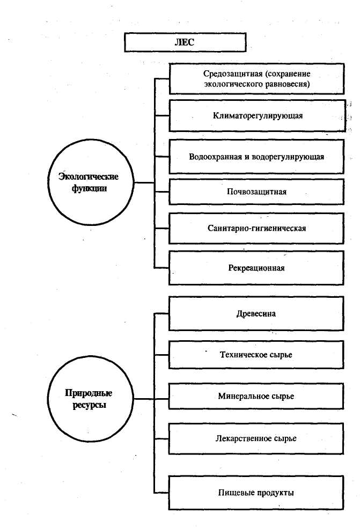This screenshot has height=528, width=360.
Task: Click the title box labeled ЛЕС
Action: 185,42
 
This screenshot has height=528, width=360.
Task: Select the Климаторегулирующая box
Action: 256,115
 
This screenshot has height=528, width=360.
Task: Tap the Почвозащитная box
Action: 256,192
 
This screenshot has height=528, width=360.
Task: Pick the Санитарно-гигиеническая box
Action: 256,229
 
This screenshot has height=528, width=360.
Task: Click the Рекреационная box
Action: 256,268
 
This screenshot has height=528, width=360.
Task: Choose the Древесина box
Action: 256,313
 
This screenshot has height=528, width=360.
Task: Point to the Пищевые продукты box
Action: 256,492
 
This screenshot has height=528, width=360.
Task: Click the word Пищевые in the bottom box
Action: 235,492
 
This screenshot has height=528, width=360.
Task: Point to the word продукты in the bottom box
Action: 274,492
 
